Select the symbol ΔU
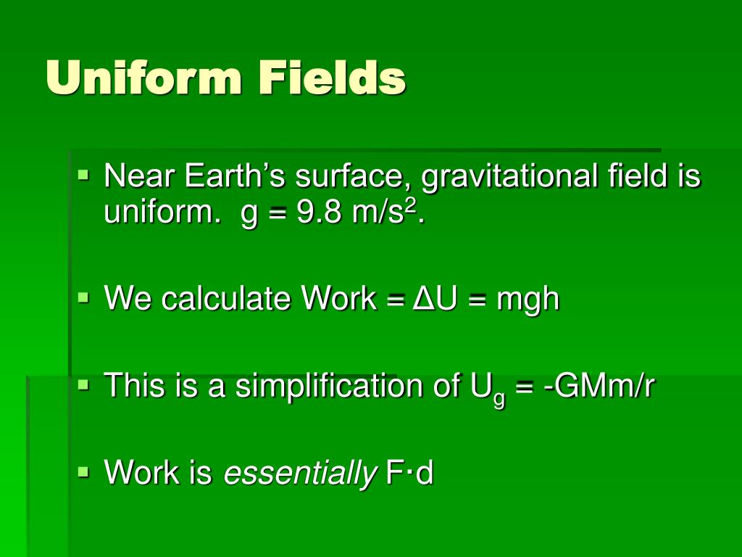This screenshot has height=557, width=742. coord(435,298)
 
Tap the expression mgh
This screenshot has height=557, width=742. coord(528,299)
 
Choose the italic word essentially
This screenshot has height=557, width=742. coord(300,473)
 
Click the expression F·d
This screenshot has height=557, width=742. coord(409,473)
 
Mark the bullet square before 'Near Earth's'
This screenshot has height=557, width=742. coord(84,175)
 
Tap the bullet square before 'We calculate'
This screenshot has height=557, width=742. coord(84,297)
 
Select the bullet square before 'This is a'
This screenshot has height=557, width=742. coord(84,384)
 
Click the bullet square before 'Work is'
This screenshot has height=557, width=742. coord(84,471)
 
